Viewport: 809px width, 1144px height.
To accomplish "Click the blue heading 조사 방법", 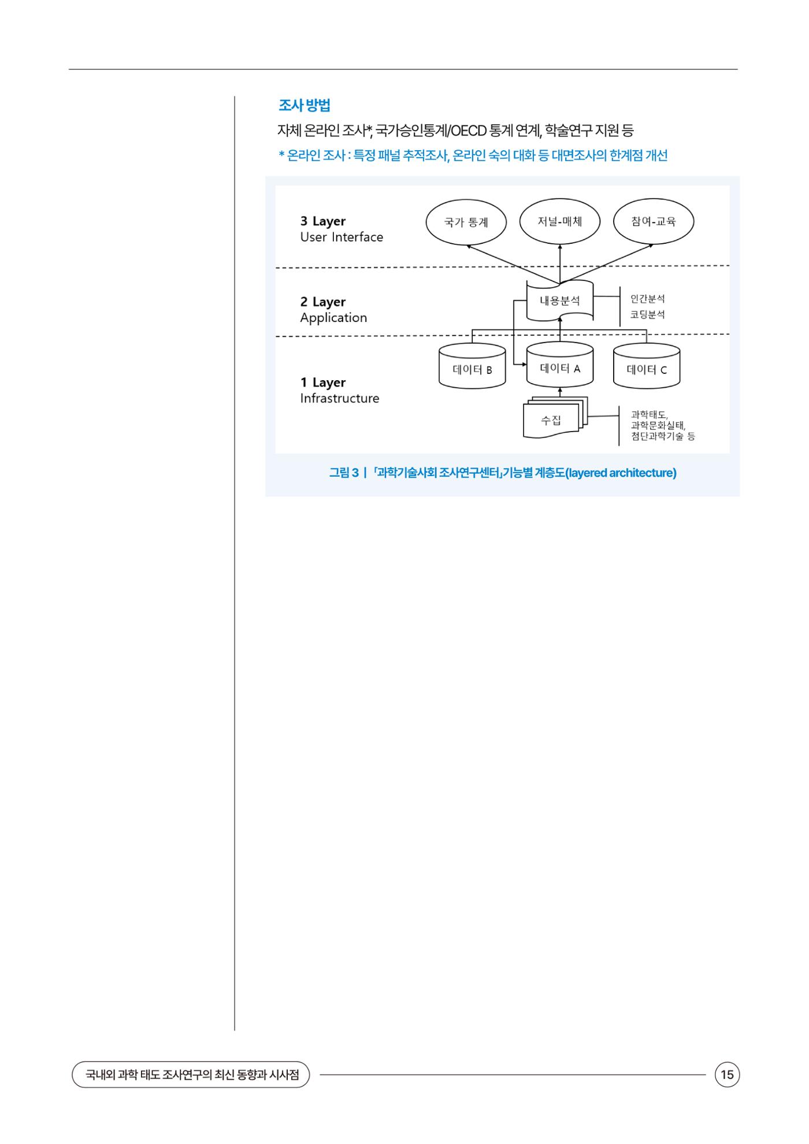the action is (304, 106).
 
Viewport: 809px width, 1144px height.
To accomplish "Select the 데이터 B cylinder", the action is (472, 366).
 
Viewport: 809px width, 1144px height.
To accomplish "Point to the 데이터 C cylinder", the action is (647, 366).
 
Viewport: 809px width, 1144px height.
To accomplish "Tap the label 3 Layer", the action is (322, 221).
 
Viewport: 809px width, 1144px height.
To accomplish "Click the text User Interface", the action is (342, 237).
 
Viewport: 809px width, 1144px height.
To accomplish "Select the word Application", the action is (333, 318).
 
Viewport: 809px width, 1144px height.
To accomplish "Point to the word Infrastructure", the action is (340, 398).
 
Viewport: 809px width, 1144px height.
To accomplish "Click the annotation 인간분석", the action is (647, 299).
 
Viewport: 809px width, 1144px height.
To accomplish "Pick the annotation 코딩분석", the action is (647, 315).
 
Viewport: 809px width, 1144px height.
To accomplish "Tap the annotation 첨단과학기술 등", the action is (663, 436).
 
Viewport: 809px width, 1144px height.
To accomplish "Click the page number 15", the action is (728, 1075).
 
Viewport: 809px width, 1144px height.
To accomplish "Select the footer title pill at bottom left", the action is (191, 1075).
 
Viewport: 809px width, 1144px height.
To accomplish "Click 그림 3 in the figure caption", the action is (344, 473).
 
